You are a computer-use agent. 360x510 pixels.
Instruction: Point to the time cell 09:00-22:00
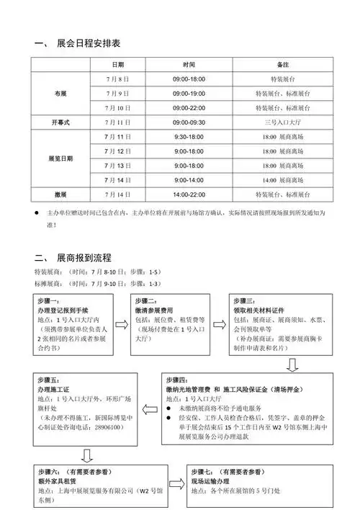point(189,108)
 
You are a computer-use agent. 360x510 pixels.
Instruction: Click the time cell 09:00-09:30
point(189,122)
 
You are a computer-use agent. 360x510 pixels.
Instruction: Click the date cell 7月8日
point(117,79)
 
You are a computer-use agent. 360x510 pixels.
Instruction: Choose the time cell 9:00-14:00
point(189,180)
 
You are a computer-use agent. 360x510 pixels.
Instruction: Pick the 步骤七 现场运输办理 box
point(258,483)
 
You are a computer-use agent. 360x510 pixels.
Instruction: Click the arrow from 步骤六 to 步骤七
point(172,482)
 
